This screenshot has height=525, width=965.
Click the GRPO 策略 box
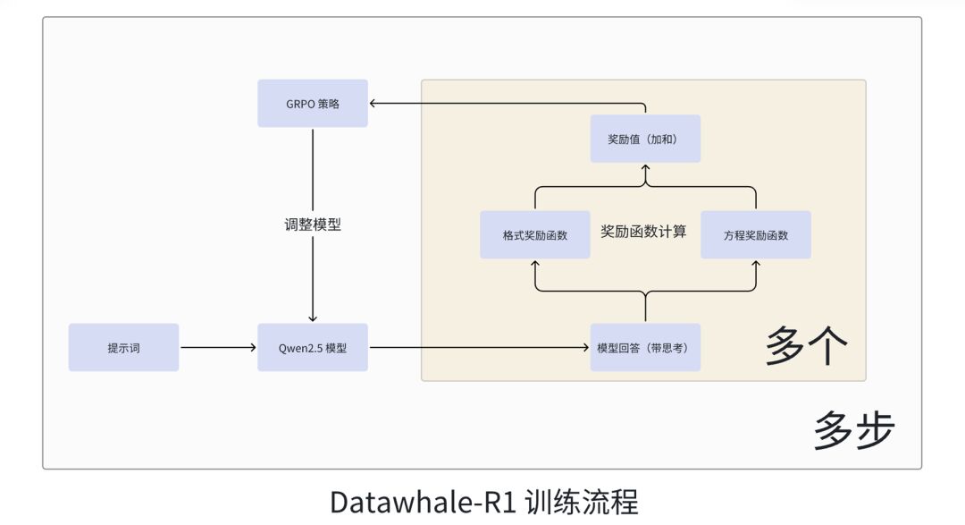point(313,104)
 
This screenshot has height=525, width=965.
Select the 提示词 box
point(123,347)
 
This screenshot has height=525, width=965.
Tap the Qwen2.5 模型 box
point(313,347)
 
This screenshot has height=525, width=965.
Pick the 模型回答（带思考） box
point(645,347)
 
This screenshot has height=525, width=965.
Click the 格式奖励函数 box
point(534,235)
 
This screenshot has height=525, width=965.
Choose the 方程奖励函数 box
point(756,235)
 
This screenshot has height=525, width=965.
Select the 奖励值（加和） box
point(645,139)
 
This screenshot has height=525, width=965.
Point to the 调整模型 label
point(313,224)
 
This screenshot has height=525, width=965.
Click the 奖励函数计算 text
point(644,232)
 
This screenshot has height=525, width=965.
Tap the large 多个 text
point(805,346)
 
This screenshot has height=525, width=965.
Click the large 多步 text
point(853,430)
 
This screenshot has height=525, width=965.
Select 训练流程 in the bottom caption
point(583,501)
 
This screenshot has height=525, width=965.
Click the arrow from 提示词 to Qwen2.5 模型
point(218,347)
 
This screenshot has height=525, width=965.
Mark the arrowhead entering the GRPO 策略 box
point(374,104)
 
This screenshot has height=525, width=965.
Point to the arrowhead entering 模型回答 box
point(585,347)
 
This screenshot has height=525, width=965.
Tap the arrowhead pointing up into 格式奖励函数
point(534,265)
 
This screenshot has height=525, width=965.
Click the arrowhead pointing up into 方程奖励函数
point(756,265)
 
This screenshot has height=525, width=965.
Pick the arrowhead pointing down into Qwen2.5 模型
point(313,318)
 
